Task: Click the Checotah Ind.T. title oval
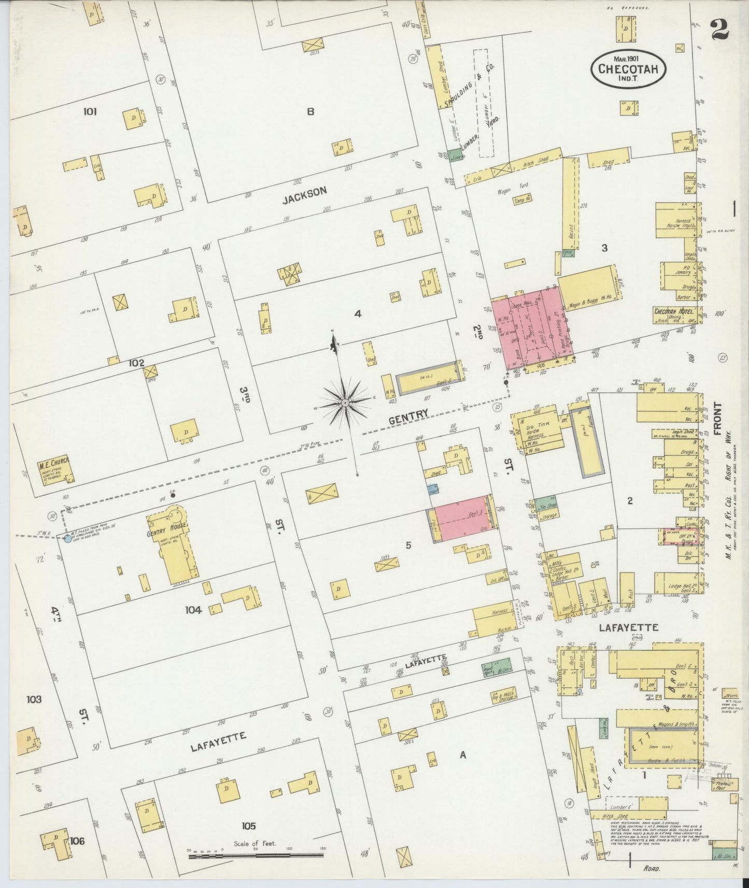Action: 628,68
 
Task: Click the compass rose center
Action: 345,403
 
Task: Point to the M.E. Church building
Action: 54,468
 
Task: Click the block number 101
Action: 90,111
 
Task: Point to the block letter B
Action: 310,111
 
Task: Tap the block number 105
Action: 249,826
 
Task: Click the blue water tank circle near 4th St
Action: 67,538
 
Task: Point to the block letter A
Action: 463,755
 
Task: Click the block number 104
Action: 193,610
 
